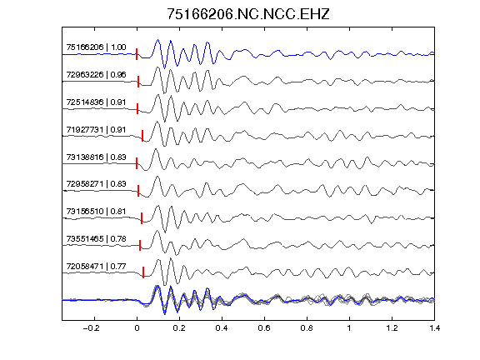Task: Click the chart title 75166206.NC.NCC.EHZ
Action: [x=248, y=14]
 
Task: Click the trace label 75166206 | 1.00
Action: [x=96, y=47]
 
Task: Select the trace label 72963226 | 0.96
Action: [x=96, y=75]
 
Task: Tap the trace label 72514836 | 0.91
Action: [x=96, y=102]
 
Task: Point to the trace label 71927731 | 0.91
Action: [x=96, y=129]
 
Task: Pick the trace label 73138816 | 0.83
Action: [x=96, y=157]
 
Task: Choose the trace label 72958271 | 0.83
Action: [x=96, y=183]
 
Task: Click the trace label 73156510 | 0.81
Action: [x=96, y=211]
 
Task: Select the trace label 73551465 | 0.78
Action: [x=96, y=239]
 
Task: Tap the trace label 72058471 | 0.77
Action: [x=96, y=267]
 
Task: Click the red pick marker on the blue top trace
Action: [x=137, y=54]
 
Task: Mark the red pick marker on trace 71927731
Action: [x=142, y=136]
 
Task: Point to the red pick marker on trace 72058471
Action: [x=143, y=272]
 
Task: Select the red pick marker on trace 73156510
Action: [x=142, y=218]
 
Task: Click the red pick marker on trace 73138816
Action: [x=137, y=163]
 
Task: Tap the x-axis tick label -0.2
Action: [x=92, y=328]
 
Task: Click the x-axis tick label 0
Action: [x=137, y=328]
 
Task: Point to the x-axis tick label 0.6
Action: [x=264, y=328]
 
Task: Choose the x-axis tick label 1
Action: [x=349, y=328]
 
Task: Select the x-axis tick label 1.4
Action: [x=434, y=328]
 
